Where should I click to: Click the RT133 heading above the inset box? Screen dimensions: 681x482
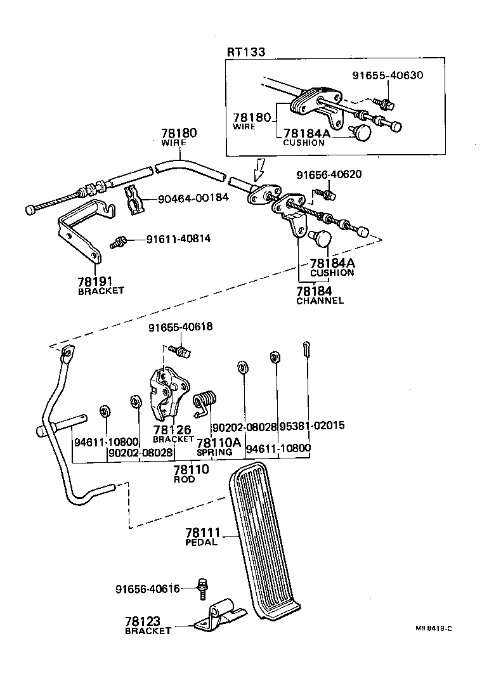coord(246,51)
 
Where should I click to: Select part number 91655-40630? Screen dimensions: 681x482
coord(388,75)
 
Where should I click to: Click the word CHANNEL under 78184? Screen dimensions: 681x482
coord(320,301)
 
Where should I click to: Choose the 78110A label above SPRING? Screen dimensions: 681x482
coord(219,442)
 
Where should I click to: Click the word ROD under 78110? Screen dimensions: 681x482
coord(185,480)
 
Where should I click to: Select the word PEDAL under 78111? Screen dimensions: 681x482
coord(201,542)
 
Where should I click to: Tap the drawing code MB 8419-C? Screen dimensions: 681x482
coord(434,628)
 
